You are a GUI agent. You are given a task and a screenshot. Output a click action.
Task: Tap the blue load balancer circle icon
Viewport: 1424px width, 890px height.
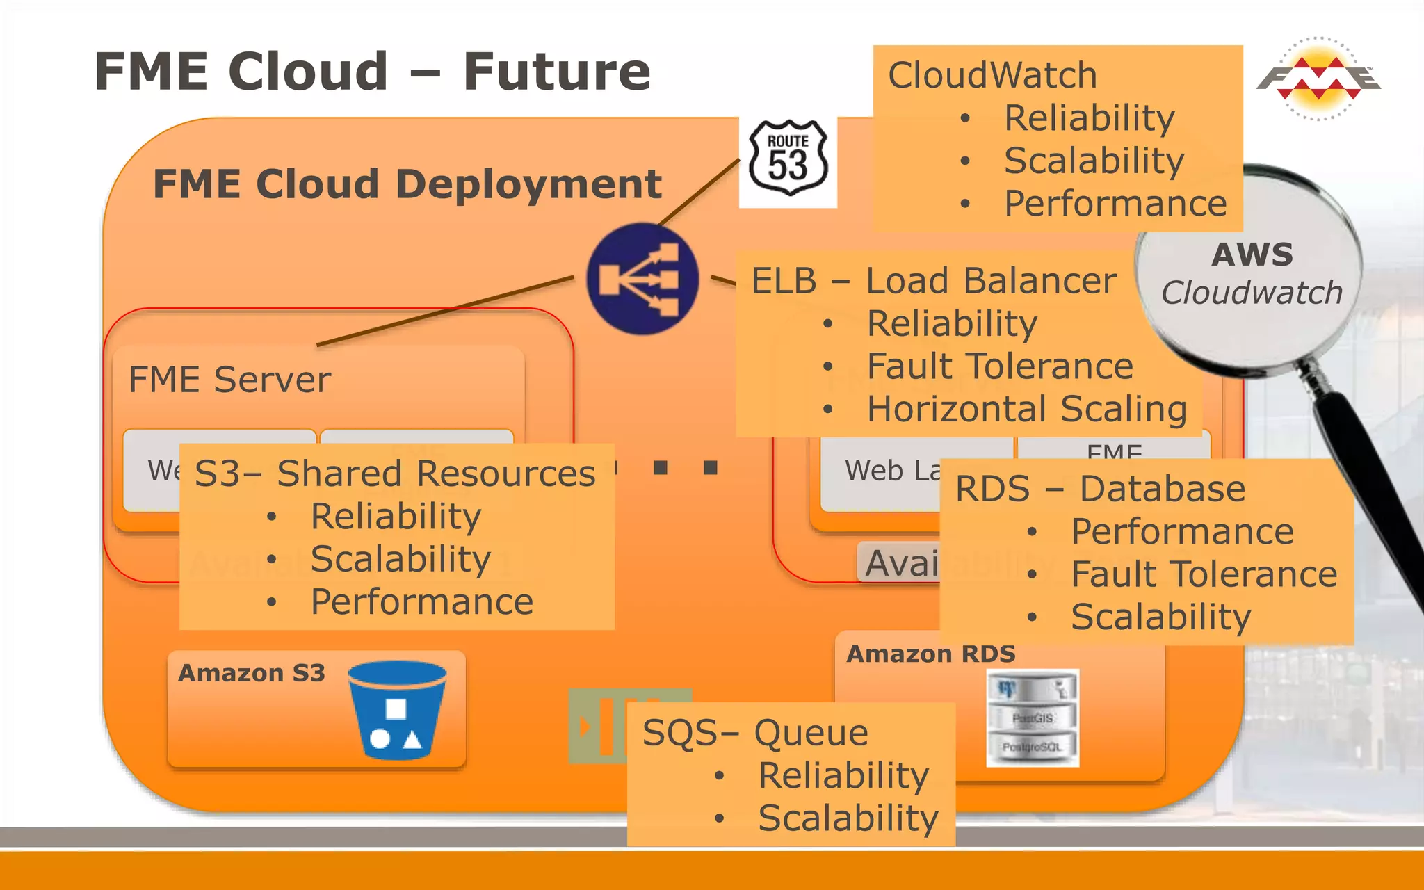[x=642, y=279]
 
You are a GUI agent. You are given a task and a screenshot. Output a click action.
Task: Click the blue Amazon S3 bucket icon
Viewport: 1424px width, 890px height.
[x=396, y=709]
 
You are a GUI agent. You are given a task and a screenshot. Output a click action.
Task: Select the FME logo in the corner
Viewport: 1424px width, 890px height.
[x=1318, y=79]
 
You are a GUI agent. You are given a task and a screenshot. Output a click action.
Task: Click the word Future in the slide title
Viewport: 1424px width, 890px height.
[x=556, y=72]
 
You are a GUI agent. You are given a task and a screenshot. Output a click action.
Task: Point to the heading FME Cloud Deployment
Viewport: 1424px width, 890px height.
[x=407, y=184]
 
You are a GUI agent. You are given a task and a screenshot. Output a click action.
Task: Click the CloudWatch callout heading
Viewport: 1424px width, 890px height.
[x=992, y=75]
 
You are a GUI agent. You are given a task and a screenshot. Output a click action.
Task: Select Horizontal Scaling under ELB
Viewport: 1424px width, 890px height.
[x=1026, y=409]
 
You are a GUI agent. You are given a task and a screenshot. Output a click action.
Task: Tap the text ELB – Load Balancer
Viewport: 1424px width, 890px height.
[x=933, y=281]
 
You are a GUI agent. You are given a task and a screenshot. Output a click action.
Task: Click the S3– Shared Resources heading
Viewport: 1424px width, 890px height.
[x=394, y=474]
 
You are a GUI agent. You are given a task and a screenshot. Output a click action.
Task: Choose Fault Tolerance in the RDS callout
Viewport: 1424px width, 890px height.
[x=1204, y=574]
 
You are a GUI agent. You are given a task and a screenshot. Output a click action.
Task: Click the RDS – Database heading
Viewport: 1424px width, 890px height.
[x=1099, y=489]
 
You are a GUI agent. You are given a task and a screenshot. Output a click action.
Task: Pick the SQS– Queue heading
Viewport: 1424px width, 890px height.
[x=755, y=733]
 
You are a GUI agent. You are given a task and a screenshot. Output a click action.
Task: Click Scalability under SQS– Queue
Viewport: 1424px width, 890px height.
[x=848, y=818]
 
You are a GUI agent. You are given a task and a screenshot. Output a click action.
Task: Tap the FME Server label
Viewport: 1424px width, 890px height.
[x=229, y=380]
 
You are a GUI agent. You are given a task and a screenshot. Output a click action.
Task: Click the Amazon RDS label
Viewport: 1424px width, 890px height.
[x=930, y=654]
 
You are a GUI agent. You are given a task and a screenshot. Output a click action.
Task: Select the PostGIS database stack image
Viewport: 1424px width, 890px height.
[x=1033, y=718]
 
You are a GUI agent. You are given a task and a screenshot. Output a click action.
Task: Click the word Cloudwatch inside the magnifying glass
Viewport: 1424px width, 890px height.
[x=1252, y=293]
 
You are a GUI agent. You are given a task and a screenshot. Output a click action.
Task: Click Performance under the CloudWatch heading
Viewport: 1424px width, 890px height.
[x=1115, y=204]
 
